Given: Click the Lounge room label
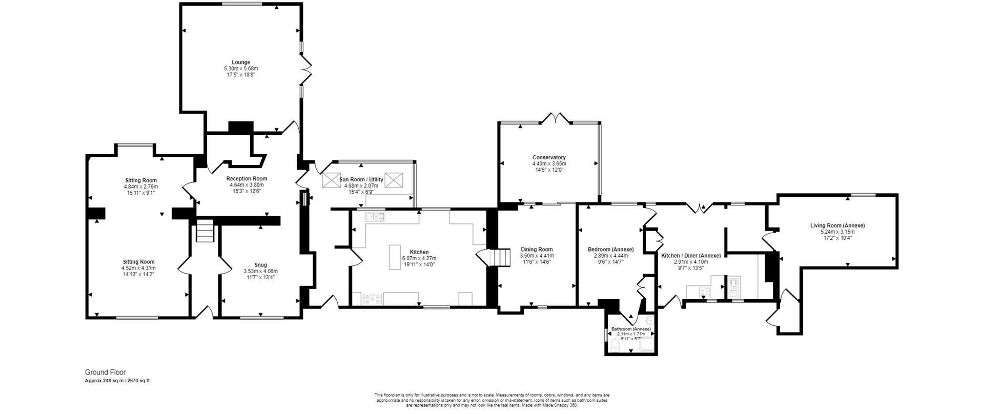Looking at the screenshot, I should (241, 63).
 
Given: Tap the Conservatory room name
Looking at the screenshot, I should (549, 157).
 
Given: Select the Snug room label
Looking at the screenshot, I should (260, 265).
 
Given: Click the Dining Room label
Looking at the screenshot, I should (537, 250).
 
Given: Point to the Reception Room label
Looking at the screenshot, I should (247, 179).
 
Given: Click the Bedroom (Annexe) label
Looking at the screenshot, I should (610, 250).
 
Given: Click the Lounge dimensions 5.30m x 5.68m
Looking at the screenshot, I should (241, 69).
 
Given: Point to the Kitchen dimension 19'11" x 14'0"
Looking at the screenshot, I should (419, 264).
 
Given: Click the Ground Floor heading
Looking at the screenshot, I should (105, 372).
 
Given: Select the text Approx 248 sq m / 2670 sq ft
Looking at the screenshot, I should (117, 381).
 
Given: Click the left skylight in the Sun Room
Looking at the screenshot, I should (331, 180).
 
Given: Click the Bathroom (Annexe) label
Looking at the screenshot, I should (630, 329).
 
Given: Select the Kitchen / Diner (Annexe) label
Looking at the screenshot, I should (691, 256).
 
